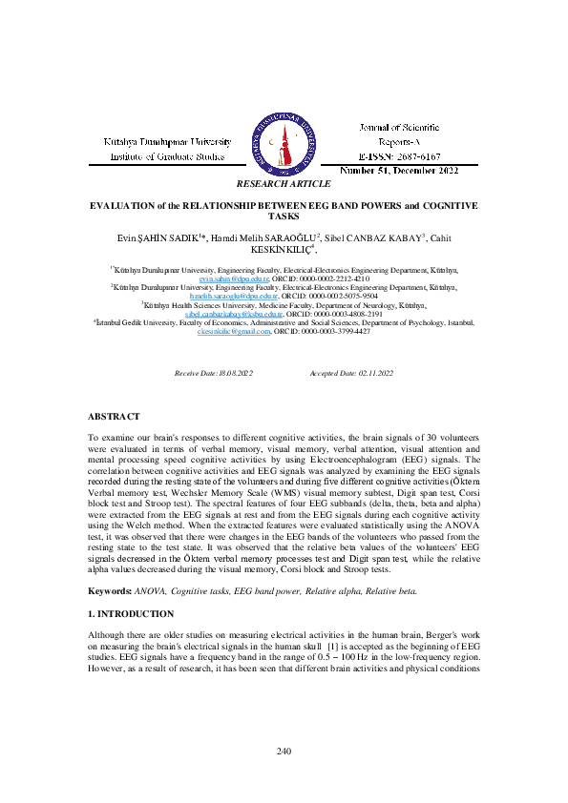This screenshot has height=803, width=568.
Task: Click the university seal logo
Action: tap(284, 139)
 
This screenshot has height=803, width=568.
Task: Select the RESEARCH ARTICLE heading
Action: tap(284, 183)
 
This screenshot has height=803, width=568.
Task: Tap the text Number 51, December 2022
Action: tap(399, 172)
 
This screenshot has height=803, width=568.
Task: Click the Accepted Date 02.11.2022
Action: tap(351, 373)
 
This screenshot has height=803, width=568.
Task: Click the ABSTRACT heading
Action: tap(114, 417)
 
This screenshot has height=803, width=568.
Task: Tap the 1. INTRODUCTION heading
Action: tap(131, 614)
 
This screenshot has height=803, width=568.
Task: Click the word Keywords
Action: tap(110, 591)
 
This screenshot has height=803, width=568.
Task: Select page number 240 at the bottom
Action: tap(284, 752)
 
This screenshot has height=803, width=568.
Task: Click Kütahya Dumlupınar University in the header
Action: tap(168, 142)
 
